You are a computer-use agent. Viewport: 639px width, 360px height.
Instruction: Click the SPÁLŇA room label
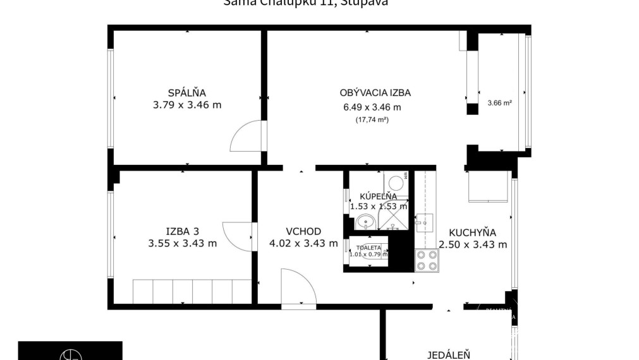coord(187,93)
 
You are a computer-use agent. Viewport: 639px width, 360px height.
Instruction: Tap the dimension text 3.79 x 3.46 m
coord(187,105)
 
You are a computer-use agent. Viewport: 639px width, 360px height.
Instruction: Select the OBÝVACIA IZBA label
coord(372,93)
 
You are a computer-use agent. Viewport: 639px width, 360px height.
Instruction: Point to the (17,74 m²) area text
coord(372,119)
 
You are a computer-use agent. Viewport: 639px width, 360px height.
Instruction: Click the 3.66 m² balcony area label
coord(499,102)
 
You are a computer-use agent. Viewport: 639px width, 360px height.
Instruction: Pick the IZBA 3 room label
coord(183,231)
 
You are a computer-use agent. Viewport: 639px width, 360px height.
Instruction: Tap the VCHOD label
coord(303,231)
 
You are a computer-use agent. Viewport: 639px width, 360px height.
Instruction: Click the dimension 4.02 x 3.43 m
coord(303,243)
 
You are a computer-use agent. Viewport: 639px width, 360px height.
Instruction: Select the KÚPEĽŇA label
coord(378,196)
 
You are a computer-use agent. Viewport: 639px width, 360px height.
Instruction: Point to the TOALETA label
coord(368,248)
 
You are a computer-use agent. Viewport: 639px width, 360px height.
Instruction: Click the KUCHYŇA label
coord(472,232)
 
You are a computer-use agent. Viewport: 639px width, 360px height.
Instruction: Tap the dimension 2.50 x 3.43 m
coord(472,244)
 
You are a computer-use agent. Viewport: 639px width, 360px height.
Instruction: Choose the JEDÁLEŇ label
coord(449,355)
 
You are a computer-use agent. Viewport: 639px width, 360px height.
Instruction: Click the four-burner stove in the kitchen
coord(427,260)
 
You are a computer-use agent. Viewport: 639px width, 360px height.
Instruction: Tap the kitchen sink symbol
coord(423,221)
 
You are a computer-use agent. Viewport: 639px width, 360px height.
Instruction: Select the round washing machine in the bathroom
coord(396,183)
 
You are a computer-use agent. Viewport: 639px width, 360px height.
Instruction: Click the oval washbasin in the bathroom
coord(365,222)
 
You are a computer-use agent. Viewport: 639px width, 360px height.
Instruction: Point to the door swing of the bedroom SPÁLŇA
coord(247,137)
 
